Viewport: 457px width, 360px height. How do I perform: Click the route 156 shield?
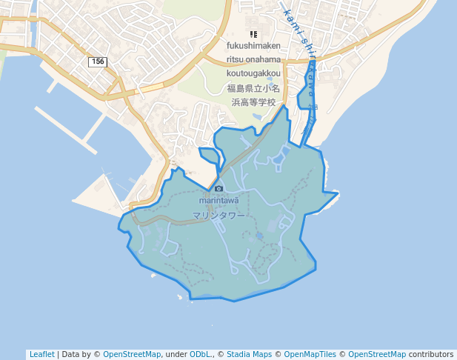pyautogui.click(x=97, y=61)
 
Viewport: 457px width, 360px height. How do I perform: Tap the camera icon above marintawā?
pyautogui.click(x=219, y=189)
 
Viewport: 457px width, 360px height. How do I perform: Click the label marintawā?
pyautogui.click(x=219, y=200)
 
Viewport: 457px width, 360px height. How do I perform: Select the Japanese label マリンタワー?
pyautogui.click(x=218, y=216)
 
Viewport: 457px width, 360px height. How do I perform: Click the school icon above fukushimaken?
pyautogui.click(x=254, y=33)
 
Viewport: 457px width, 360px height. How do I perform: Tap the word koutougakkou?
pyautogui.click(x=254, y=73)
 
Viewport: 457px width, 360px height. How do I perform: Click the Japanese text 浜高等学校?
pyautogui.click(x=253, y=102)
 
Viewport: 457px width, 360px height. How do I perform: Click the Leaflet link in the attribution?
pyautogui.click(x=41, y=354)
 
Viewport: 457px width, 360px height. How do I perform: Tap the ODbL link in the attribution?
pyautogui.click(x=199, y=354)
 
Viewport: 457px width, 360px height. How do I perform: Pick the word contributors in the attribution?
pyautogui.click(x=430, y=354)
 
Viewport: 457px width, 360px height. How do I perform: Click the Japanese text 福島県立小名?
pyautogui.click(x=253, y=88)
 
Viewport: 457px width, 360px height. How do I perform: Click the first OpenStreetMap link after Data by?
pyautogui.click(x=132, y=354)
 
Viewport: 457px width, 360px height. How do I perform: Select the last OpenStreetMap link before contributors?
pyautogui.click(x=377, y=354)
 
